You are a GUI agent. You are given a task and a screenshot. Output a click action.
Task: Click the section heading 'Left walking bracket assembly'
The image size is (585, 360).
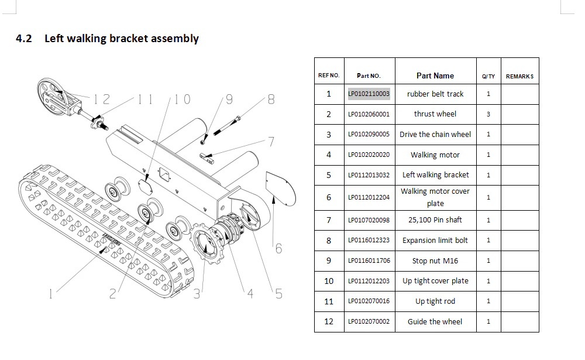(122, 39)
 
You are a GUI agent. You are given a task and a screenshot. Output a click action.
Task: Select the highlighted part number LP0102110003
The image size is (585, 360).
(369, 94)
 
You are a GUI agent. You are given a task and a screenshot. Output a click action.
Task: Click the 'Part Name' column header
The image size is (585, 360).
(435, 76)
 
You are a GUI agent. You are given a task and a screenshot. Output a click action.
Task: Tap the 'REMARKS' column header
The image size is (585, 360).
(519, 77)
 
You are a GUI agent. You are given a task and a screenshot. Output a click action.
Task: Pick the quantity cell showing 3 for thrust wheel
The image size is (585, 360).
(488, 114)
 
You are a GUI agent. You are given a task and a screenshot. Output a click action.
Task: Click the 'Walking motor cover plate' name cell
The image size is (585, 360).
(435, 197)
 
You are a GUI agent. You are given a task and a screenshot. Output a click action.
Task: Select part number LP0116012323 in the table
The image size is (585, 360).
(369, 240)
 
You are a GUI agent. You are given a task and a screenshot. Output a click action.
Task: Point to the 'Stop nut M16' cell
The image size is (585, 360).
(435, 260)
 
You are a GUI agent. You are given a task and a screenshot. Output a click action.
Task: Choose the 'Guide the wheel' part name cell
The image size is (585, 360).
(435, 321)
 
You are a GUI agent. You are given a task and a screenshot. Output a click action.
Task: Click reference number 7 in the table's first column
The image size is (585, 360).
(329, 220)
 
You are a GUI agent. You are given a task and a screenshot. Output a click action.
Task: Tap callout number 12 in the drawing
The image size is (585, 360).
(101, 100)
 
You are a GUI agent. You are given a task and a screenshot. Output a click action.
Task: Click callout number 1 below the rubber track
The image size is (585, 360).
(51, 294)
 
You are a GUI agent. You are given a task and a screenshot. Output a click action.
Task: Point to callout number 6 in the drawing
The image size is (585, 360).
(278, 249)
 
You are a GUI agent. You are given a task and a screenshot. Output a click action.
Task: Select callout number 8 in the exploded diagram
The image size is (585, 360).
(271, 100)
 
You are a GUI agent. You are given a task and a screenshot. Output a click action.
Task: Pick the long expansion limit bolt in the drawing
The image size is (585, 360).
(227, 125)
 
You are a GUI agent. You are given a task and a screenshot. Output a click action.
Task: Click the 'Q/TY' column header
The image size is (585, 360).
(488, 77)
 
